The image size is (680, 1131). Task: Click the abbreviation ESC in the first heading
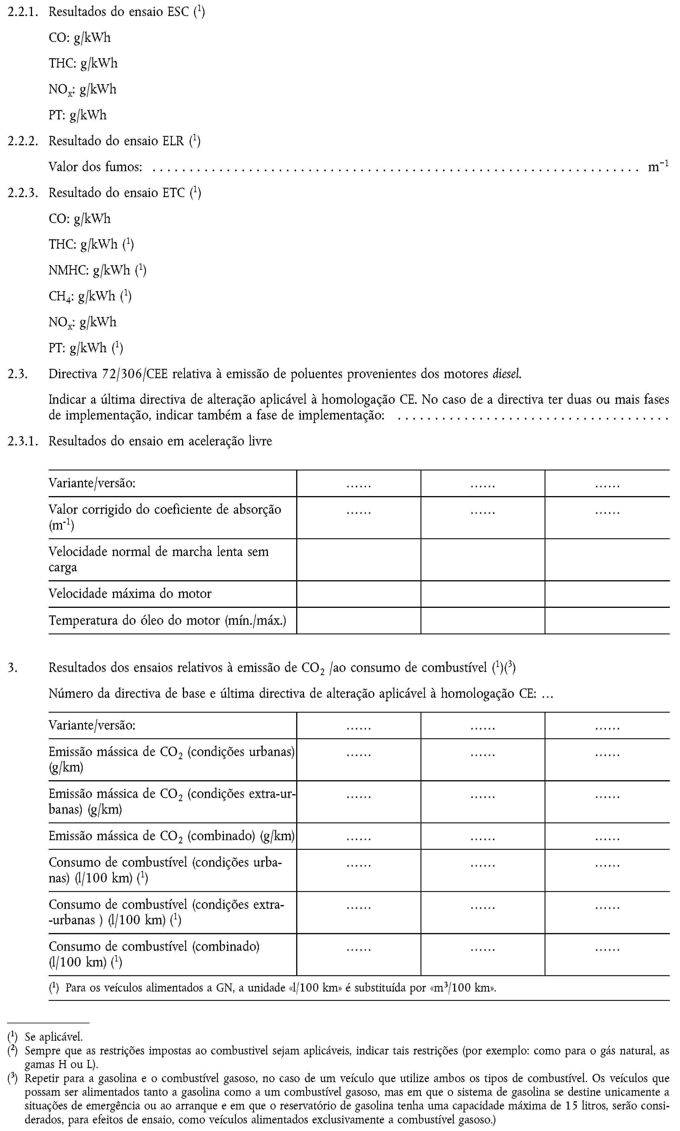click(x=178, y=11)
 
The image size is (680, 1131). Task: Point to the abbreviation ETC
click(x=174, y=192)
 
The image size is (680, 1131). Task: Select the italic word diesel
click(x=507, y=374)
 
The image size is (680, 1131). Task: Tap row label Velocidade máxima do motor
click(x=130, y=594)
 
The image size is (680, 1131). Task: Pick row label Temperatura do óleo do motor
click(x=167, y=620)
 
